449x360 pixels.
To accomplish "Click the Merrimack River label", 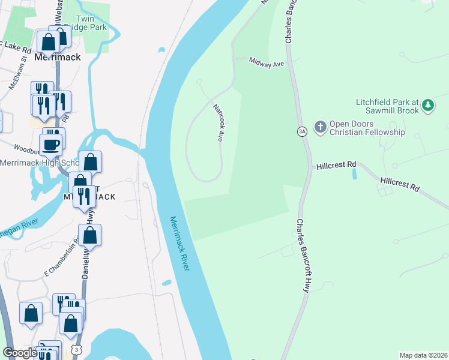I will (179, 243).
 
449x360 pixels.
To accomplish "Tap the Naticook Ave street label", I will (217, 122).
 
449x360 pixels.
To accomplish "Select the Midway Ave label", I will (267, 62).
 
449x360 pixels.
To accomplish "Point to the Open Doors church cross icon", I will (321, 127).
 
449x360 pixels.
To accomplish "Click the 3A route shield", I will (302, 131).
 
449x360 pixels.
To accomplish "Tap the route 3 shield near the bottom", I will (76, 349).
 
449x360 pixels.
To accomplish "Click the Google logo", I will (20, 353).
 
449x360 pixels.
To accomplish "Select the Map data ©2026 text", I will (423, 355).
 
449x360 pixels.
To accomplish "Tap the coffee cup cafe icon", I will (50, 144).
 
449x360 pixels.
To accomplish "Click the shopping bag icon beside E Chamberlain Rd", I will (89, 235).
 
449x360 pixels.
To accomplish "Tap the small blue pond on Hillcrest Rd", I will (354, 174).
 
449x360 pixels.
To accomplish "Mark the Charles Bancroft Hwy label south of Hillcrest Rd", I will (303, 253).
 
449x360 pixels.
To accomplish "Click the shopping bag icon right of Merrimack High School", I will (90, 161).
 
